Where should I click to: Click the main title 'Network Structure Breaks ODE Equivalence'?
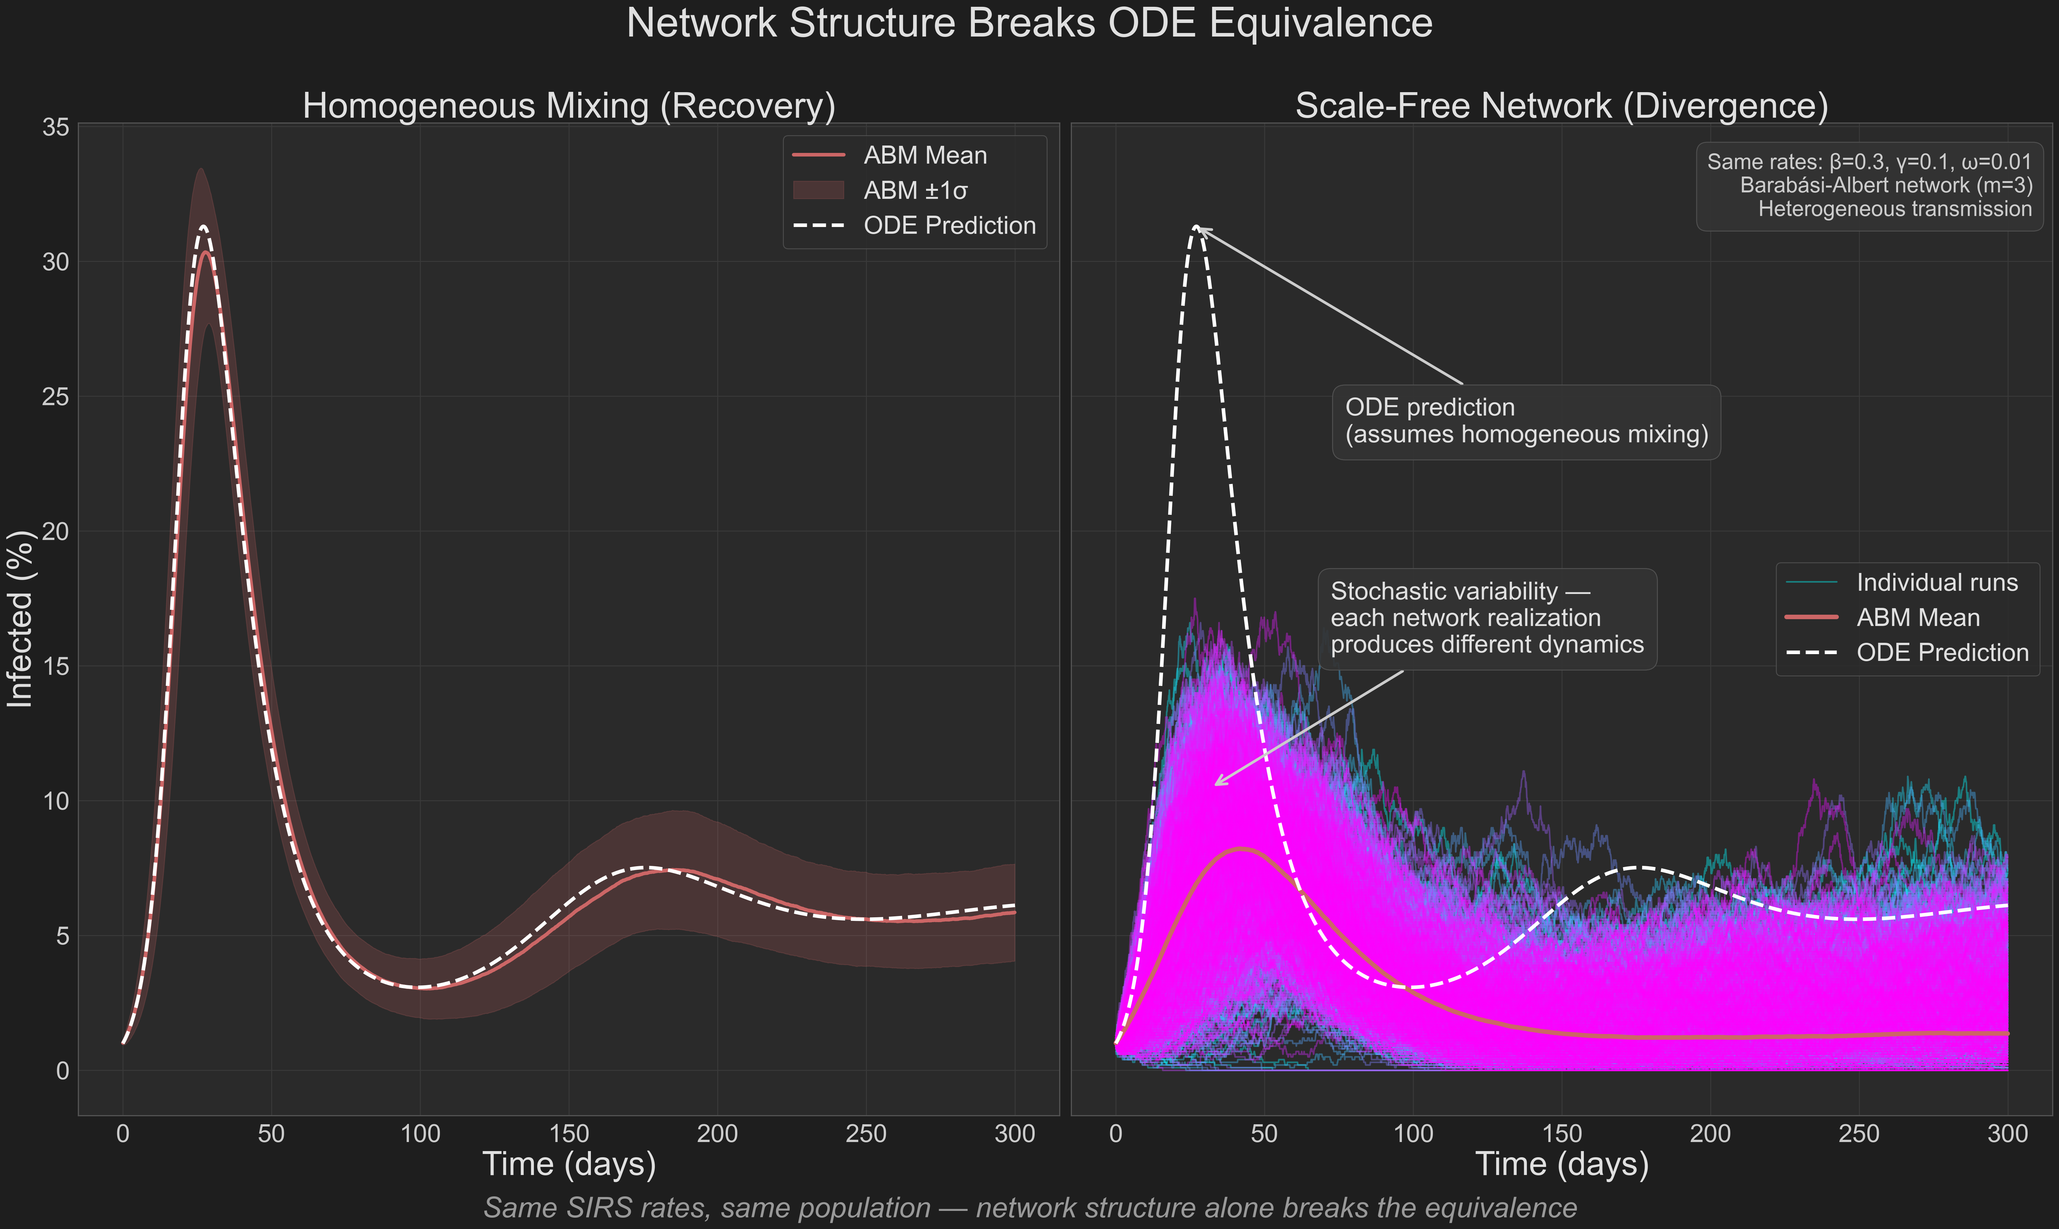point(1029,23)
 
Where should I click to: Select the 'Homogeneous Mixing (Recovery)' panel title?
point(569,106)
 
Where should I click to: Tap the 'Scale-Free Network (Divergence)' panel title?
point(1562,106)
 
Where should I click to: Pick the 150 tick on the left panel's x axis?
point(569,1134)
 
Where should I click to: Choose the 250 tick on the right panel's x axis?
point(1859,1134)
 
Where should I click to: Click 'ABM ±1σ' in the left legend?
point(915,190)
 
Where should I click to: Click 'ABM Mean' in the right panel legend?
point(1917,618)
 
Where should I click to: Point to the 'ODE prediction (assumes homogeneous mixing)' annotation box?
point(1526,422)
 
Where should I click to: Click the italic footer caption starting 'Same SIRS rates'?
point(1029,1207)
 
